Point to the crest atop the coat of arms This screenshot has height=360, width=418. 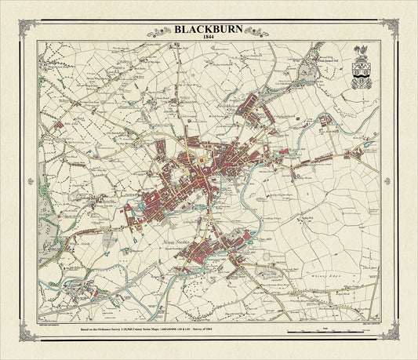(362, 54)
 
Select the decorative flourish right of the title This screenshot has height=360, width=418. (255, 31)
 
